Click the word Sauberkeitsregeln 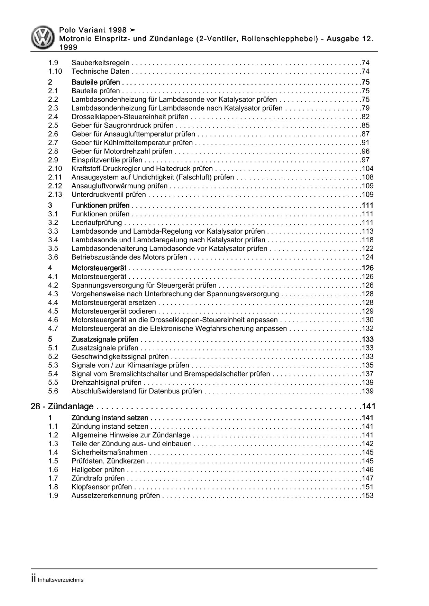coord(100,63)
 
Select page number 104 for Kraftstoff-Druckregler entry coord(367,169)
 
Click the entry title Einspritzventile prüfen coord(107,160)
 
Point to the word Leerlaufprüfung coord(97,223)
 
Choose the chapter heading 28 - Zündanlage coord(62,407)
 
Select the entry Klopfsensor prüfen coord(101,487)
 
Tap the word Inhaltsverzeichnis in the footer coord(61,580)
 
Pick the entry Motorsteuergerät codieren coord(113,311)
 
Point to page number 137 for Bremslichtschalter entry coord(367,374)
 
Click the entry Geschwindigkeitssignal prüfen coord(120,357)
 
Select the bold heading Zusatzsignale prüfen coord(104,339)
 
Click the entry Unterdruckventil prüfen coord(109,195)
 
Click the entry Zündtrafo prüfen coord(98,478)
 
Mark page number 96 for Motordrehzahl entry coord(365,151)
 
